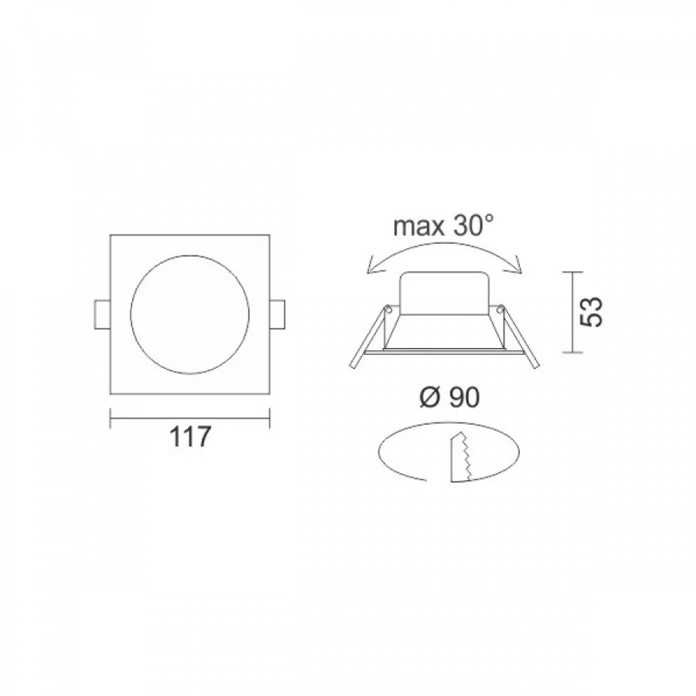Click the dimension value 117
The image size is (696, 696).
pos(189,437)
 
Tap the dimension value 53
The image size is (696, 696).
pos(592,312)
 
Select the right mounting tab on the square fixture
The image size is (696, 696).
pos(278,315)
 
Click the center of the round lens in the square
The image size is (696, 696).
pos(189,315)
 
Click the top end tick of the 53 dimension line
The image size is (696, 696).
pos(572,271)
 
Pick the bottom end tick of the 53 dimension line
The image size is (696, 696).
pos(572,353)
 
